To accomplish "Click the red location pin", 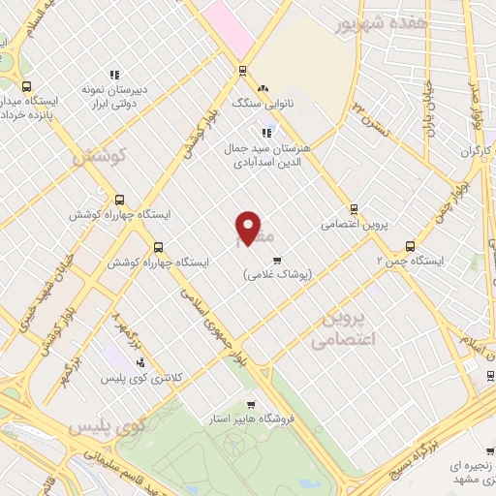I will [248, 227].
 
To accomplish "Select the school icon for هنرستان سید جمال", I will [266, 134].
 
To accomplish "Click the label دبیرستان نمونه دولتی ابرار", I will [114, 98].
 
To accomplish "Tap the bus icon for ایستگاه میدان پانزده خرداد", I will [26, 86].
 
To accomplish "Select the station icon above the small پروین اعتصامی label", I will [354, 208].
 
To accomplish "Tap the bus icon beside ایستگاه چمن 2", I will [410, 246].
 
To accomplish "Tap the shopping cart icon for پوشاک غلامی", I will [277, 260].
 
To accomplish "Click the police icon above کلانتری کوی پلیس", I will [141, 360].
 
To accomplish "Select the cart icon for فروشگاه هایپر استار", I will [251, 405].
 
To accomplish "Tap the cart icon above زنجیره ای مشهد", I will [452, 455].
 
